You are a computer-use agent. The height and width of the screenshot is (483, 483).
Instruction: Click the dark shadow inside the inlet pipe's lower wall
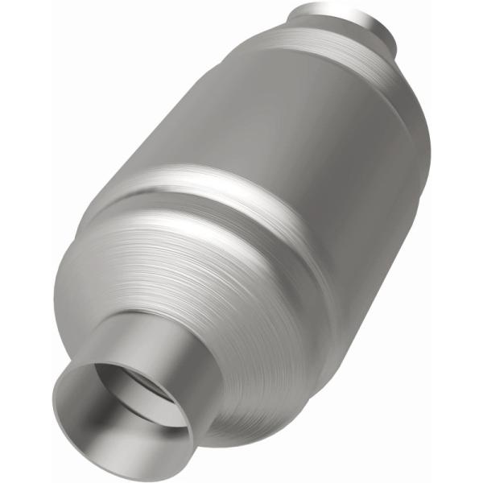[x=121, y=427]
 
